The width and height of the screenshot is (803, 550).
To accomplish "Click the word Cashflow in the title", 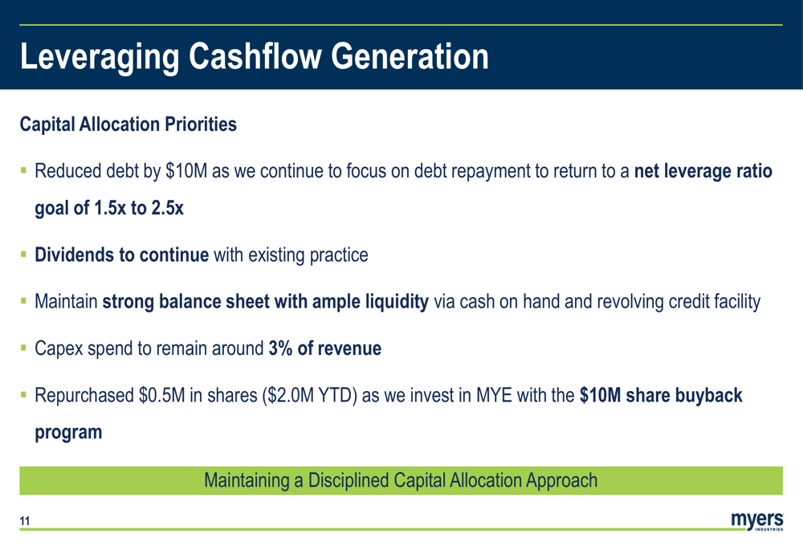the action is [x=255, y=56].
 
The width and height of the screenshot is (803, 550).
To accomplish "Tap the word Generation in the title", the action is [x=410, y=56].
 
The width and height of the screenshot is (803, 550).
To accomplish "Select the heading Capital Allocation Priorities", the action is [x=128, y=124].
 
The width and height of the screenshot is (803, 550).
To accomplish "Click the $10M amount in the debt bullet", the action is [x=186, y=171].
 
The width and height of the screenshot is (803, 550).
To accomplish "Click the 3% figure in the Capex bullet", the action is [x=280, y=348].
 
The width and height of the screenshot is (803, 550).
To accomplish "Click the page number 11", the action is [x=25, y=521].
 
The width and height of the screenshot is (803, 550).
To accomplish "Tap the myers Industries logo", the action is [x=757, y=520].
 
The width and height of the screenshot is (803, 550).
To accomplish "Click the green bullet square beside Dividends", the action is [x=23, y=254].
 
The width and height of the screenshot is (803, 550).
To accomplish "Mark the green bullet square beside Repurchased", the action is [x=23, y=395].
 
